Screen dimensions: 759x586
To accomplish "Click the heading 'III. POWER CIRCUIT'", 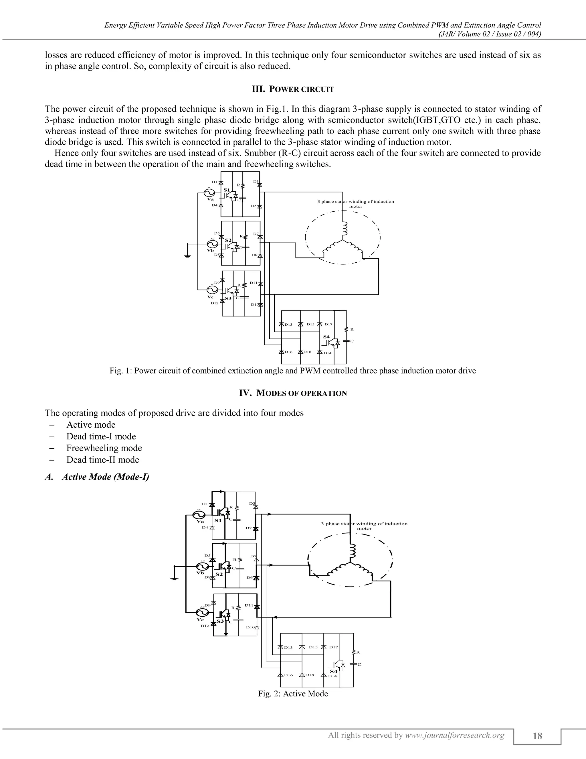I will click(293, 89).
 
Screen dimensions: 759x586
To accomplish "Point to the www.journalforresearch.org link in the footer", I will click(454, 735).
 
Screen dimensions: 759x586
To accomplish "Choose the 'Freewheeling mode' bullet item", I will click(104, 448).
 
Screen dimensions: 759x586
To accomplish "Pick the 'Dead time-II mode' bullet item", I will click(103, 460).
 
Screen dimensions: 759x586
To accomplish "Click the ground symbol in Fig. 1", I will click(187, 256).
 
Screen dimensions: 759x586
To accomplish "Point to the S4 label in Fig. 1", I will click(326, 337).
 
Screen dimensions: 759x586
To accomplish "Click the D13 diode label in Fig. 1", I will click(288, 325).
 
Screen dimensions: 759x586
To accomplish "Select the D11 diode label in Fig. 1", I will click(254, 283).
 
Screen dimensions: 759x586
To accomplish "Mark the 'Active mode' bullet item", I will click(91, 425).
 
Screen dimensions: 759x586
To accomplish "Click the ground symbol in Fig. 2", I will click(174, 578).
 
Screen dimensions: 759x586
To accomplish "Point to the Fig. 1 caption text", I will click(293, 371).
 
